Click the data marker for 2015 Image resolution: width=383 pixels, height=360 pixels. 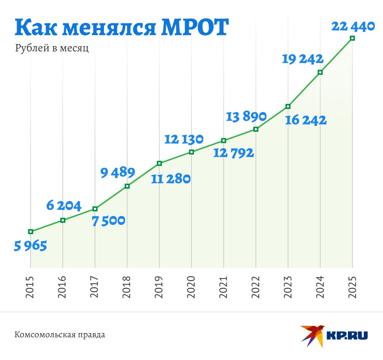click(30, 232)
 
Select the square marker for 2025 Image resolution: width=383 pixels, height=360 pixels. click(352, 38)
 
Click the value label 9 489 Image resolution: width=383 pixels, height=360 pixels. click(117, 173)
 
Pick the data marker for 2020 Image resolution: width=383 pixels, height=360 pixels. click(191, 152)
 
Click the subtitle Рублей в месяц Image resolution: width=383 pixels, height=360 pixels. click(52, 48)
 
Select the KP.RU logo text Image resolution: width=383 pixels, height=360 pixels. click(346, 335)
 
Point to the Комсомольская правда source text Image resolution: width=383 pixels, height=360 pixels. click(60, 334)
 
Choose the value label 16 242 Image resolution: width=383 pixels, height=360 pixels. click(306, 120)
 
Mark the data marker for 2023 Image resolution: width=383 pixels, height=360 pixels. click(288, 106)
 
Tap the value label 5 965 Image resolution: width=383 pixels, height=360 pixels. click(30, 246)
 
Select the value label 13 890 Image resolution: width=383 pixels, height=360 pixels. click(246, 117)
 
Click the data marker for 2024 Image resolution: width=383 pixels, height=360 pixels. click(320, 72)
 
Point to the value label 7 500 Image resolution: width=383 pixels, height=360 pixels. click(109, 221)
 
